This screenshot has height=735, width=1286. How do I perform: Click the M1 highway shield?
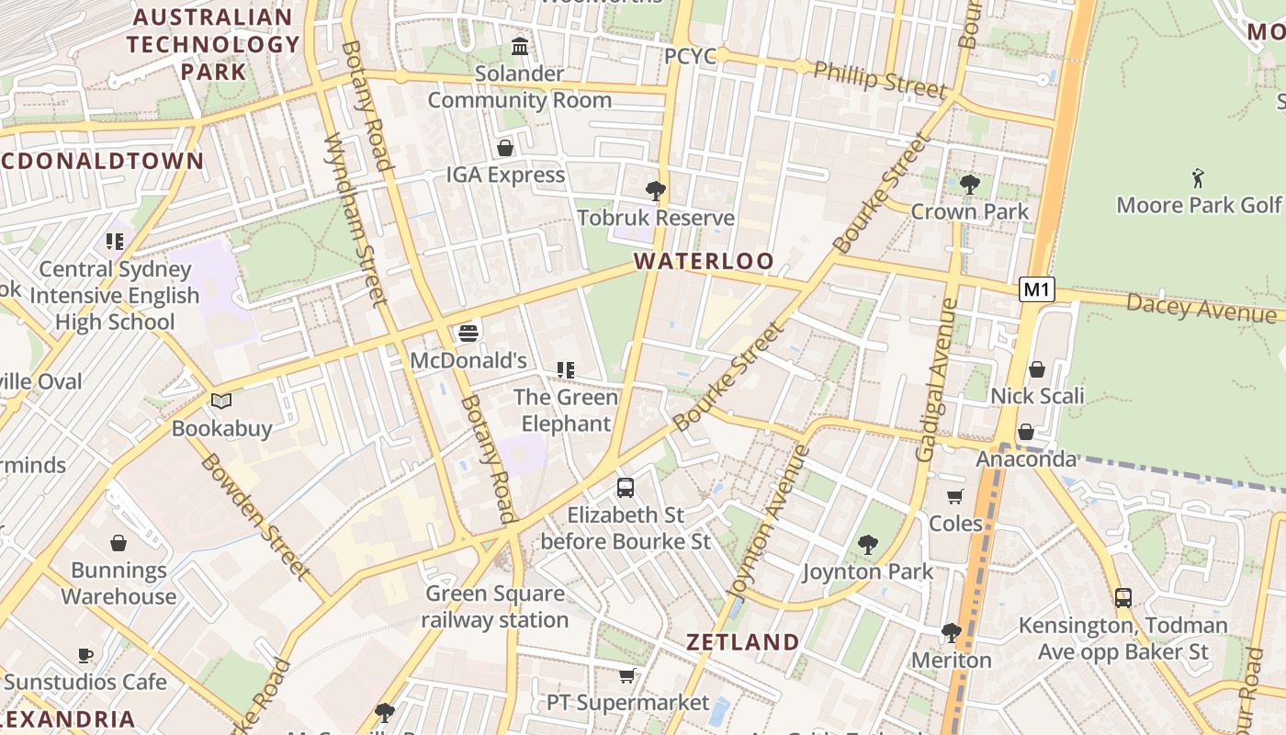pyautogui.click(x=1036, y=290)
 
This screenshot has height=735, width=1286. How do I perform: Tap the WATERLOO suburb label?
pyautogui.click(x=704, y=262)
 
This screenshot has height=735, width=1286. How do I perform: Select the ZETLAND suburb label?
pyautogui.click(x=743, y=641)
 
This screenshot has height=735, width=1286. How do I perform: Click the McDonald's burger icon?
pyautogui.click(x=468, y=333)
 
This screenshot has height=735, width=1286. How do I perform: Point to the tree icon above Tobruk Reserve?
pyautogui.click(x=656, y=191)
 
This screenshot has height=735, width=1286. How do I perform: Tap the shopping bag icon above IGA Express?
pyautogui.click(x=505, y=148)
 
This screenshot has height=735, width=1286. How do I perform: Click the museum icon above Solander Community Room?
pyautogui.click(x=520, y=46)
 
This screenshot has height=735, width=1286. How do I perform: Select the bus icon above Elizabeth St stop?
pyautogui.click(x=626, y=488)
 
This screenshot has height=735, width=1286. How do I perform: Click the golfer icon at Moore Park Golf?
pyautogui.click(x=1198, y=177)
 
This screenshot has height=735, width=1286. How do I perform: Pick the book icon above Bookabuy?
pyautogui.click(x=221, y=401)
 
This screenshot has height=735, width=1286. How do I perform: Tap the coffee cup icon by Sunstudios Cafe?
pyautogui.click(x=85, y=655)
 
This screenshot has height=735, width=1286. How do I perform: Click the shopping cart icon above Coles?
pyautogui.click(x=955, y=497)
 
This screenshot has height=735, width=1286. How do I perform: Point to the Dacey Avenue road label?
pyautogui.click(x=1201, y=308)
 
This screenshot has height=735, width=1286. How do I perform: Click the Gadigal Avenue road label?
pyautogui.click(x=937, y=379)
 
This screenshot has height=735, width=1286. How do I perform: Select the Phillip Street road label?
pyautogui.click(x=879, y=80)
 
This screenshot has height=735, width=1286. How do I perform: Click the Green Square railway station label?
pyautogui.click(x=495, y=606)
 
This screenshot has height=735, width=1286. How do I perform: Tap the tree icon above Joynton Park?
pyautogui.click(x=867, y=545)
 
